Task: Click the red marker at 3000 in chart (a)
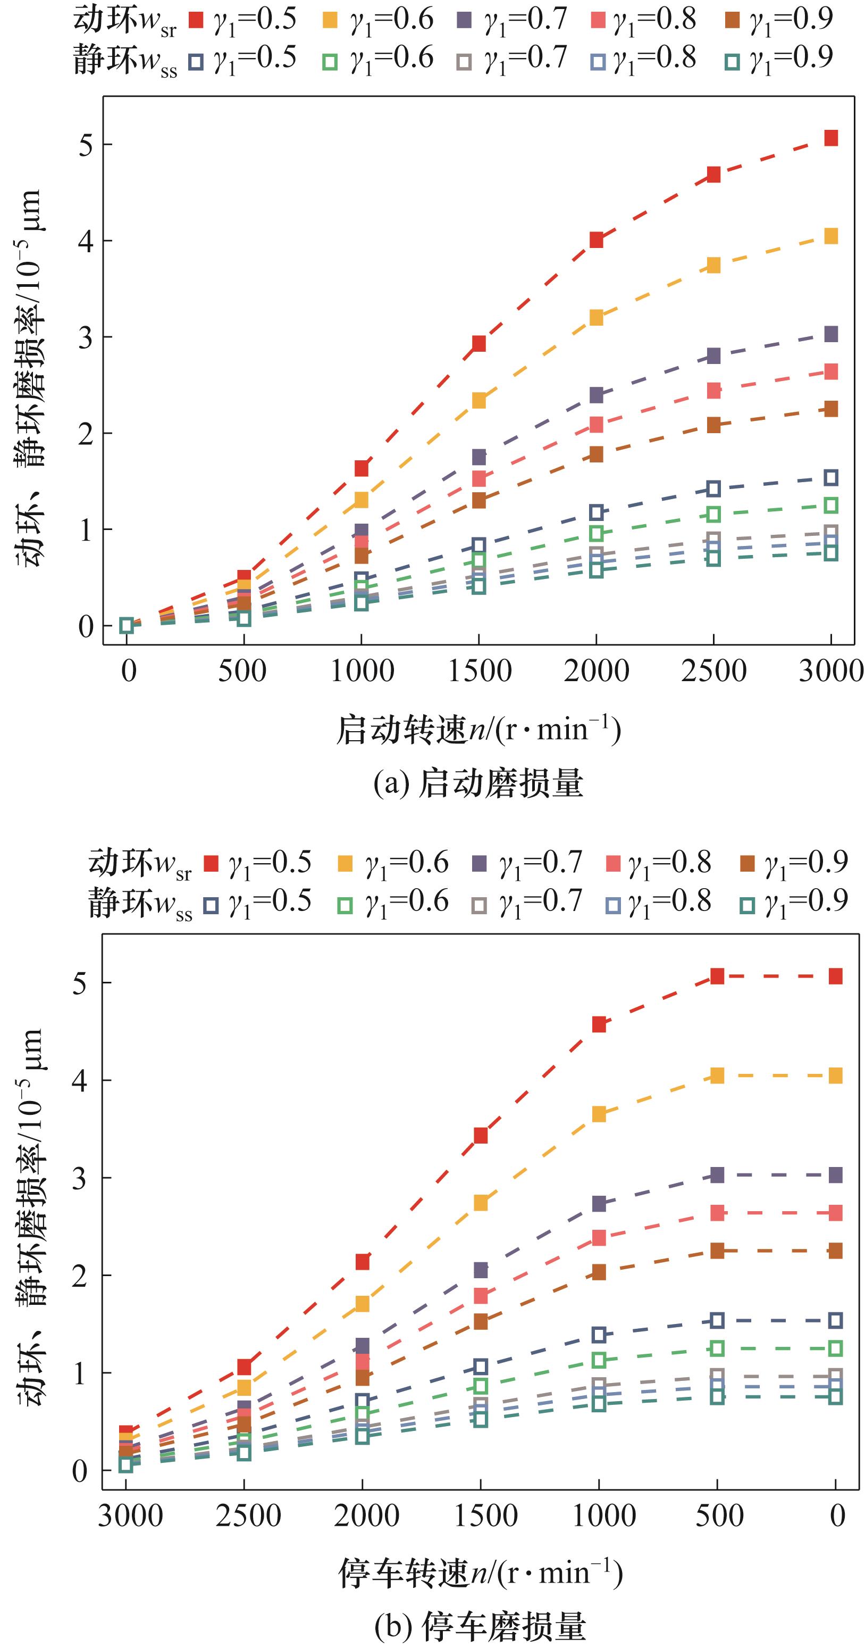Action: pos(830,138)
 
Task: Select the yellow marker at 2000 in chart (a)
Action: pos(596,317)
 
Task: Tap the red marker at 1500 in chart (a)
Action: pos(478,344)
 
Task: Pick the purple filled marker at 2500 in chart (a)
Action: pos(713,355)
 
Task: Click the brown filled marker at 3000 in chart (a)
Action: pos(830,409)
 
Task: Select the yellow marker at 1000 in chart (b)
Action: pos(599,1114)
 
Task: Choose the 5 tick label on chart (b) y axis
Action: pos(79,983)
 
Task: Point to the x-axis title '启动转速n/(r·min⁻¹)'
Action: pos(478,730)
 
